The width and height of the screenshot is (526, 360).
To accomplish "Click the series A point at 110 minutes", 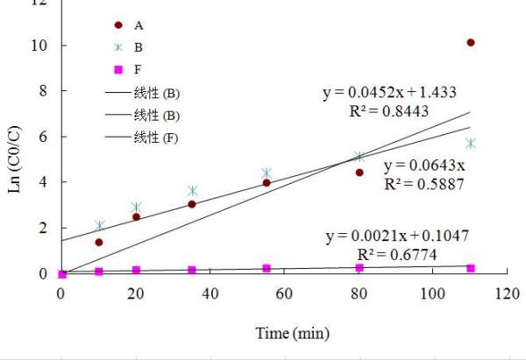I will [x=471, y=42].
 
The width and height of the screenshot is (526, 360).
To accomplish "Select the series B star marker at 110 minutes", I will [x=471, y=143].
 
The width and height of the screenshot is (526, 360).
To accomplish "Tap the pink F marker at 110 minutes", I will [x=471, y=268].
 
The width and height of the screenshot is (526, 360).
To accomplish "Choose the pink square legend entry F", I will [x=117, y=69].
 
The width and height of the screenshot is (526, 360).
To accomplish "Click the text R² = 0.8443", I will [x=389, y=110].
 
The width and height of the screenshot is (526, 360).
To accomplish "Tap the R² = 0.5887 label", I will [x=423, y=184].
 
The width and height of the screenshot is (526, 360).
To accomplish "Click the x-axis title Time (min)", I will [x=285, y=334].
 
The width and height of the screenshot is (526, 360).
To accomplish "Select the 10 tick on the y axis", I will [x=39, y=46].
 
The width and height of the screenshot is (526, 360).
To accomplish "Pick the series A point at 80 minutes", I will [x=359, y=173].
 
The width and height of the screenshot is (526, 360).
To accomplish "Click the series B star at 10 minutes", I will [x=99, y=226].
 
